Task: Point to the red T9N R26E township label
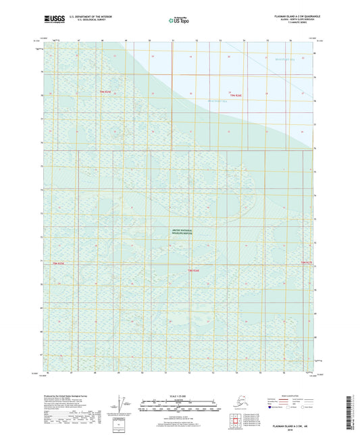[x=236, y=95]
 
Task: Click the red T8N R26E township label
[x=192, y=270]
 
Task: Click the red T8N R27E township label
[x=306, y=261]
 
